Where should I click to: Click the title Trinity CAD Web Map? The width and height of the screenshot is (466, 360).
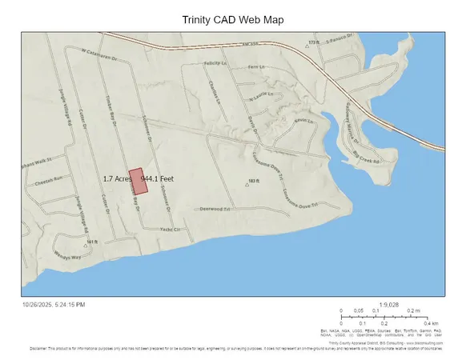tap(232, 18)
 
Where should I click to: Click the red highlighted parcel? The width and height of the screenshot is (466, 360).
tap(139, 182)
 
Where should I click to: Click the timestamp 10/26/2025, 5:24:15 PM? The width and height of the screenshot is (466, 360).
tap(53, 305)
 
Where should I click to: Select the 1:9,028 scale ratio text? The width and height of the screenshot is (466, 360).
tap(390, 304)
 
